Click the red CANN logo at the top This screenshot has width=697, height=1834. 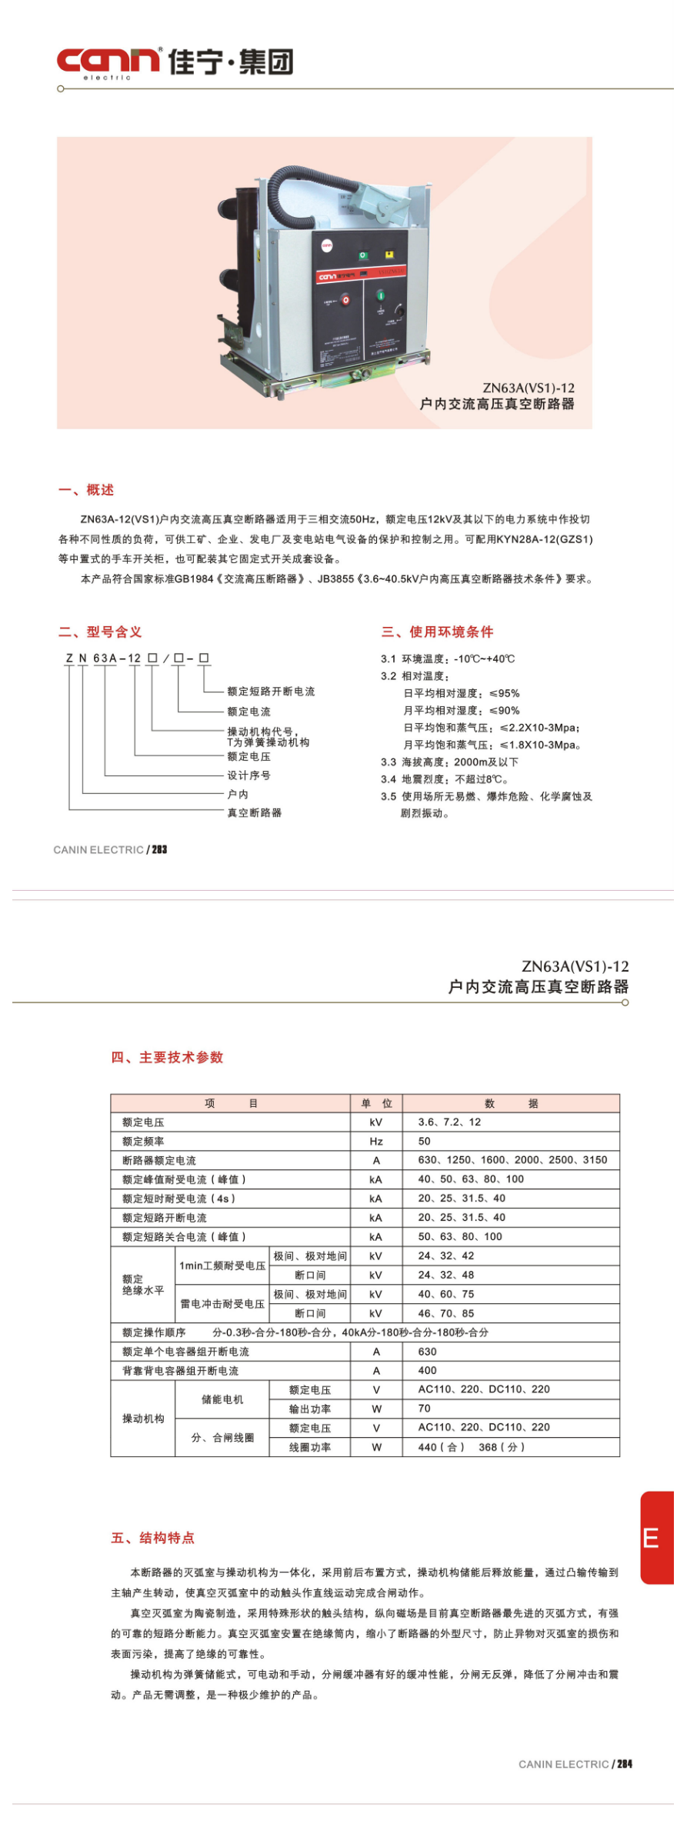108,62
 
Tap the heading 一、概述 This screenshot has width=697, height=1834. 86,490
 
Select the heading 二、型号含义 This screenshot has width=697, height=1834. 100,632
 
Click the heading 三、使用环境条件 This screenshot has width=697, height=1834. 437,632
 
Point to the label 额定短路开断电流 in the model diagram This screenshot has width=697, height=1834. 271,692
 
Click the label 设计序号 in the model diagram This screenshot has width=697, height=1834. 248,775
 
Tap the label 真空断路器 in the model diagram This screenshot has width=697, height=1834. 254,812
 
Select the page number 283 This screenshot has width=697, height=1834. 159,849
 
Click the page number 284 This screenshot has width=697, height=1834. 624,1764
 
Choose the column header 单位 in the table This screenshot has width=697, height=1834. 376,1103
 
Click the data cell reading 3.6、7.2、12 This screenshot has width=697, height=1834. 449,1122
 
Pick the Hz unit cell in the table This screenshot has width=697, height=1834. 376,1142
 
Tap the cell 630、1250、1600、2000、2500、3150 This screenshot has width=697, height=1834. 512,1160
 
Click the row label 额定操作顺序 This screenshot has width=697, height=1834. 154,1332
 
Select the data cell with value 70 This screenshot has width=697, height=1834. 425,1409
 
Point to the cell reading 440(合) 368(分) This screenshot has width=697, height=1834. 471,1447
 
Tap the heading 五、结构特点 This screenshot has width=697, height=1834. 153,1538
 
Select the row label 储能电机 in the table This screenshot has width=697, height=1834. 222,1399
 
